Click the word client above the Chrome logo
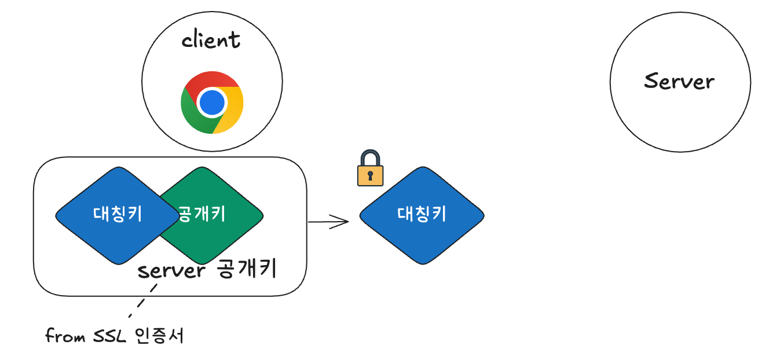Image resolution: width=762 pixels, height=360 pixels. [211, 41]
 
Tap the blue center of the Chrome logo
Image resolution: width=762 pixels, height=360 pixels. [212, 102]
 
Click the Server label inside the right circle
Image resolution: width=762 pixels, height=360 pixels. [679, 81]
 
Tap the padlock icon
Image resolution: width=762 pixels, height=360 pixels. [371, 168]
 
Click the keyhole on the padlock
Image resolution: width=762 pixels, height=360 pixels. [371, 175]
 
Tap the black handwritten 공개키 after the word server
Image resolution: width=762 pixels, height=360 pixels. [248, 269]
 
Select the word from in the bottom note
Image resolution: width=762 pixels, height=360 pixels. [66, 336]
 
